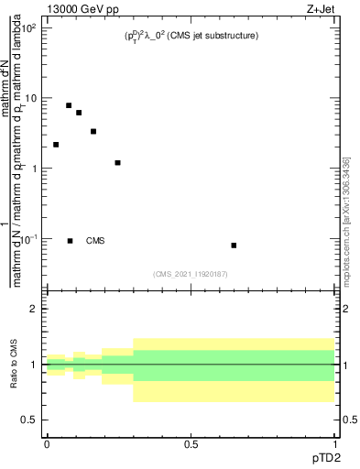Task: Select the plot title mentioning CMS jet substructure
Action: (x=191, y=36)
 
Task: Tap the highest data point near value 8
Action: (x=69, y=105)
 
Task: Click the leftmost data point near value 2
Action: (x=56, y=145)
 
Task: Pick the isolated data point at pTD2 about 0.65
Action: (x=234, y=245)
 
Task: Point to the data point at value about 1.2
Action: (x=117, y=163)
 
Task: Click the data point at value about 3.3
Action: (x=93, y=132)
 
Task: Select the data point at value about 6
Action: (x=79, y=113)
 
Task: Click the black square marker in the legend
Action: (x=70, y=241)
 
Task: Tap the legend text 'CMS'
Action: (x=95, y=241)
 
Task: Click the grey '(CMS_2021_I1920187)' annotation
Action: (x=191, y=273)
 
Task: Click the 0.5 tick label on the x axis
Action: (x=191, y=444)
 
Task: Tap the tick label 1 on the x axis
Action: (x=334, y=444)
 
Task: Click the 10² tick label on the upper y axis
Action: (x=29, y=28)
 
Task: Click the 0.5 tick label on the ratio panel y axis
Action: (x=29, y=420)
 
